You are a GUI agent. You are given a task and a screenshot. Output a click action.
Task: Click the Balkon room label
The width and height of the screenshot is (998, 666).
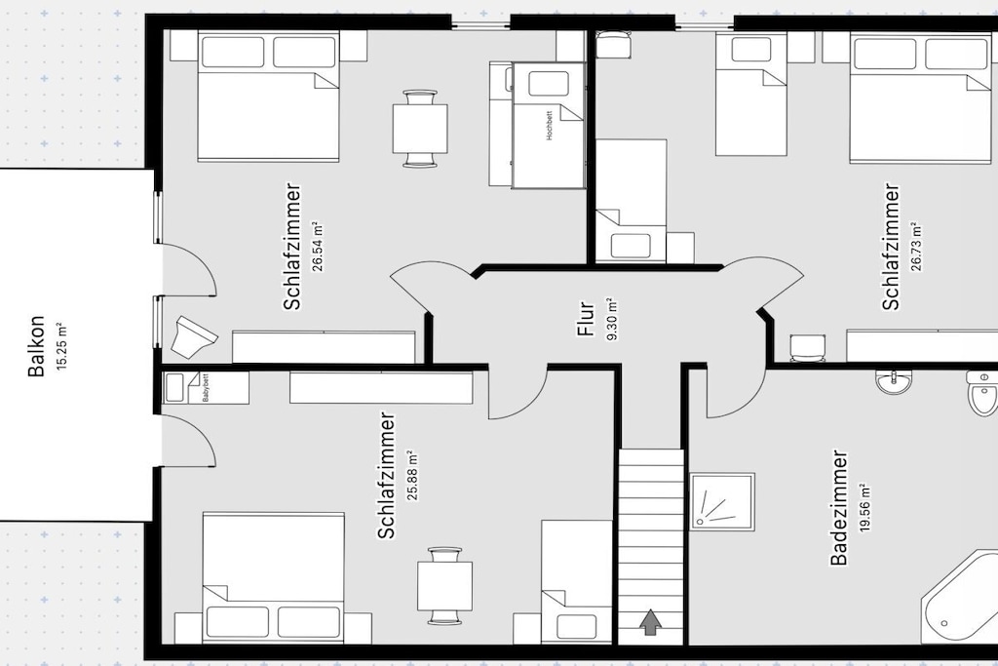[37, 346]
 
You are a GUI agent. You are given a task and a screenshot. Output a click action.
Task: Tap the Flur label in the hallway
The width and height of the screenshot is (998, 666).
[586, 319]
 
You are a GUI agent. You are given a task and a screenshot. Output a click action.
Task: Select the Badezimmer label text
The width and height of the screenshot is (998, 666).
[839, 507]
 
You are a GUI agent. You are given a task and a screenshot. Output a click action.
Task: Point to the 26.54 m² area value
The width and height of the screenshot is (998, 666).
[318, 247]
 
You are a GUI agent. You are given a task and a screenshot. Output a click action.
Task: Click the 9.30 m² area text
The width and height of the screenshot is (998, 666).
[612, 319]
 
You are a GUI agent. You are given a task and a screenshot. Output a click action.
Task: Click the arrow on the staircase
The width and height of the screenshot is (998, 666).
[650, 622]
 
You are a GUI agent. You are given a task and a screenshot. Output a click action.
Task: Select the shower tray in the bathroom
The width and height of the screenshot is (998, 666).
[722, 501]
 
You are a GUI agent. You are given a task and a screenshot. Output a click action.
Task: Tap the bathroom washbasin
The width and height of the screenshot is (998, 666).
[894, 381]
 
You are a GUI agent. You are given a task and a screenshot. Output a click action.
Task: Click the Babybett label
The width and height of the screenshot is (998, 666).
[206, 388]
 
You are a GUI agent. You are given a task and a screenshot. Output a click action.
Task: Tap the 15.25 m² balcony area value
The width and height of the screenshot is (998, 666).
[61, 346]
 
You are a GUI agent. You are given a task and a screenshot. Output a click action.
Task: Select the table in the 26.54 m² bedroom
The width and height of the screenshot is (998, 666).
[420, 128]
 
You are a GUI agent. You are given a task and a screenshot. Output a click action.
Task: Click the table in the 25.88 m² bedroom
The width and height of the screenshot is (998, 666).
[444, 585]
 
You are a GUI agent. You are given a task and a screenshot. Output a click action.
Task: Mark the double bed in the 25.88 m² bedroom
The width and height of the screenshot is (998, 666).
[274, 577]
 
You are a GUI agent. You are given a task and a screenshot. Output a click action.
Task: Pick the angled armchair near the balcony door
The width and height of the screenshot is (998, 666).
[193, 335]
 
